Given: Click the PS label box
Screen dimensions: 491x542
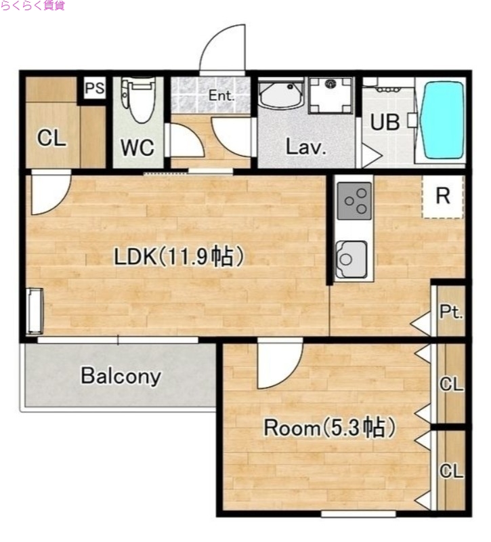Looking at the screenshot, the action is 95,88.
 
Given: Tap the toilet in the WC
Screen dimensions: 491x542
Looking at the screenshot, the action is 138,100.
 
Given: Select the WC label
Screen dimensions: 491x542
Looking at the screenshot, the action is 137,148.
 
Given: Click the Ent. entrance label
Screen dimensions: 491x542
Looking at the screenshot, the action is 221,96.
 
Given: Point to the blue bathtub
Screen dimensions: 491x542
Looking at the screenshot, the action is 442,120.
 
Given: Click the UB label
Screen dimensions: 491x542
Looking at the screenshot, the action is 385,122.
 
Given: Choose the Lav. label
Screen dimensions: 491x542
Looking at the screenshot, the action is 306,147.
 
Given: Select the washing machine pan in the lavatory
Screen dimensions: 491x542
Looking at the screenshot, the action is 331,96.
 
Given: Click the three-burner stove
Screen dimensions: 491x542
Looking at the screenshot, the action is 354,201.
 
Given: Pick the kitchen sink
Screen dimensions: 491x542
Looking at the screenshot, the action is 351,259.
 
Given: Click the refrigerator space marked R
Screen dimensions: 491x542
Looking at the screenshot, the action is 443,196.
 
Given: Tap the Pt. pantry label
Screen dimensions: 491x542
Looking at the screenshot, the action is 451,312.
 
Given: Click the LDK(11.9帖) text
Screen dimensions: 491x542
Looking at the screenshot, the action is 179,257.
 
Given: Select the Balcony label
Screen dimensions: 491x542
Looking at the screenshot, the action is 121,377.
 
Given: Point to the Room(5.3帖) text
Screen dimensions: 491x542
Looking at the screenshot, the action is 329,428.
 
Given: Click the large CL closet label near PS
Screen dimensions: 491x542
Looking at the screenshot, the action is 51,138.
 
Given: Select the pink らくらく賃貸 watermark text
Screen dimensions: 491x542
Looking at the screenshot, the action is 33,5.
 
